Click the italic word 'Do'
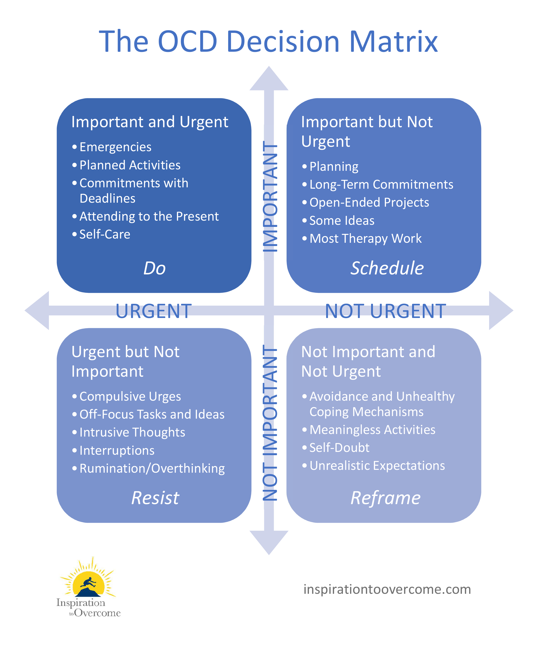click(x=154, y=268)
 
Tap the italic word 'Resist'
click(x=155, y=498)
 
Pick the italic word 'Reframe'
click(x=385, y=498)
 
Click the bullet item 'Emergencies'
click(x=115, y=147)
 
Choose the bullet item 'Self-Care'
click(x=105, y=234)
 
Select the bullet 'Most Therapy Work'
click(x=365, y=239)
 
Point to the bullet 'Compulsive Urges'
click(x=130, y=396)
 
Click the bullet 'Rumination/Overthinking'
click(x=152, y=468)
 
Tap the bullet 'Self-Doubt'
click(x=339, y=448)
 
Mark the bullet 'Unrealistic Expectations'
click(x=377, y=466)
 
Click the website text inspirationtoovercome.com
click(x=387, y=589)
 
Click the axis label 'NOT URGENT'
click(x=385, y=311)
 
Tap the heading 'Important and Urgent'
click(x=150, y=122)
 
